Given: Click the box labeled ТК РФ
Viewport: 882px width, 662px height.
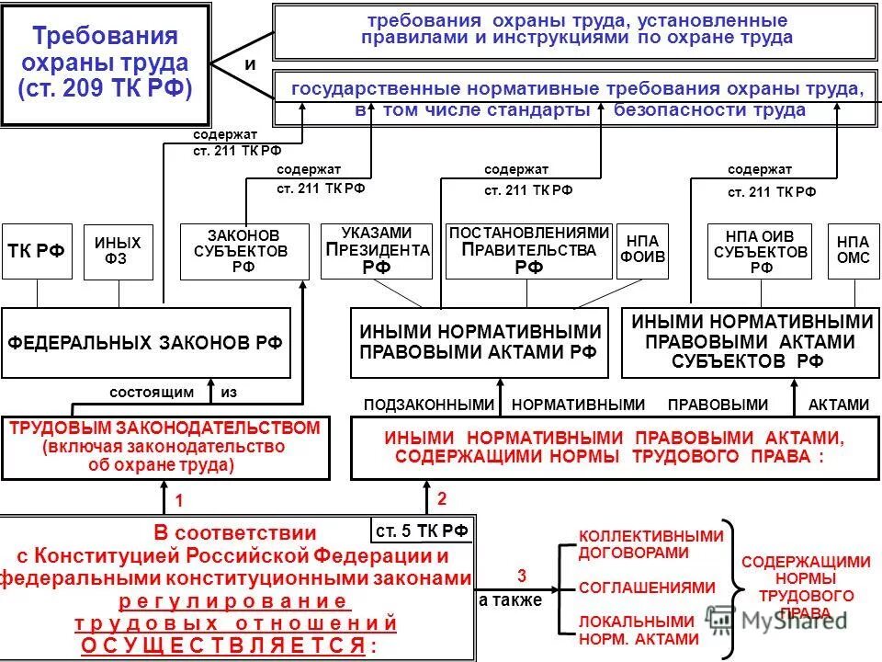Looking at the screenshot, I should click(38, 252).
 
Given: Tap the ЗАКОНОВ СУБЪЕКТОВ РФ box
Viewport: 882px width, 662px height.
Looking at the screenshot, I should click(244, 252).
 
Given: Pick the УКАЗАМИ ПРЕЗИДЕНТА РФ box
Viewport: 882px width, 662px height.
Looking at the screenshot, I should click(377, 251).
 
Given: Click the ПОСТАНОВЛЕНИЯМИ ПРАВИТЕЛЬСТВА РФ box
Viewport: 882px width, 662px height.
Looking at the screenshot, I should click(528, 251).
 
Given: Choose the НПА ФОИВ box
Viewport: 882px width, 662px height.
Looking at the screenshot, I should click(642, 251).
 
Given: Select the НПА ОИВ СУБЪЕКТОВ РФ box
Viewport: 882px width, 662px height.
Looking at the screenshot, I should click(761, 251).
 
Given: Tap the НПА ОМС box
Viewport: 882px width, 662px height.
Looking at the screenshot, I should click(846, 251).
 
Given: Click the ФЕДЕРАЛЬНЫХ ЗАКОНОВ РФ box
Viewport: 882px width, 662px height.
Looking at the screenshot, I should click(146, 342).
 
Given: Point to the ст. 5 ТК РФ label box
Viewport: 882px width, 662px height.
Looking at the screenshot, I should click(424, 530).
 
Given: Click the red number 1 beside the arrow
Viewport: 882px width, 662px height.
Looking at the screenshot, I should click(180, 502).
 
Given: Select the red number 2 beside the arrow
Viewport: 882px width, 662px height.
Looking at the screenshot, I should click(442, 499).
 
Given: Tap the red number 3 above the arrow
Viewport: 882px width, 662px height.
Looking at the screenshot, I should click(522, 576).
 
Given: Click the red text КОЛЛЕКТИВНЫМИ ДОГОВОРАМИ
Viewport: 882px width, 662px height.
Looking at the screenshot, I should click(650, 544).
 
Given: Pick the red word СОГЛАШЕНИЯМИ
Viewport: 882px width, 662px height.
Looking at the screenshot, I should click(647, 587).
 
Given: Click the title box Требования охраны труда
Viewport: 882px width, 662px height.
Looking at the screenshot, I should click(105, 63).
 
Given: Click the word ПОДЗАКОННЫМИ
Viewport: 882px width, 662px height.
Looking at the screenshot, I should click(429, 404).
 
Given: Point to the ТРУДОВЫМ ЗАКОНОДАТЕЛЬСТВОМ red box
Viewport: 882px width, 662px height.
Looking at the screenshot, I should click(165, 447).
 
